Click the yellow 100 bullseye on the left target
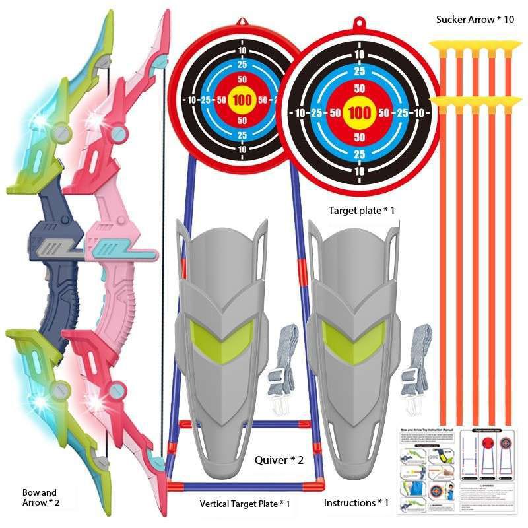click(242, 100)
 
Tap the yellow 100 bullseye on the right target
click(360, 112)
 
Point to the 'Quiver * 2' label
click(279, 460)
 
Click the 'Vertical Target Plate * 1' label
click(245, 504)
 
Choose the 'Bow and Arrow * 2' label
click(40, 498)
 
